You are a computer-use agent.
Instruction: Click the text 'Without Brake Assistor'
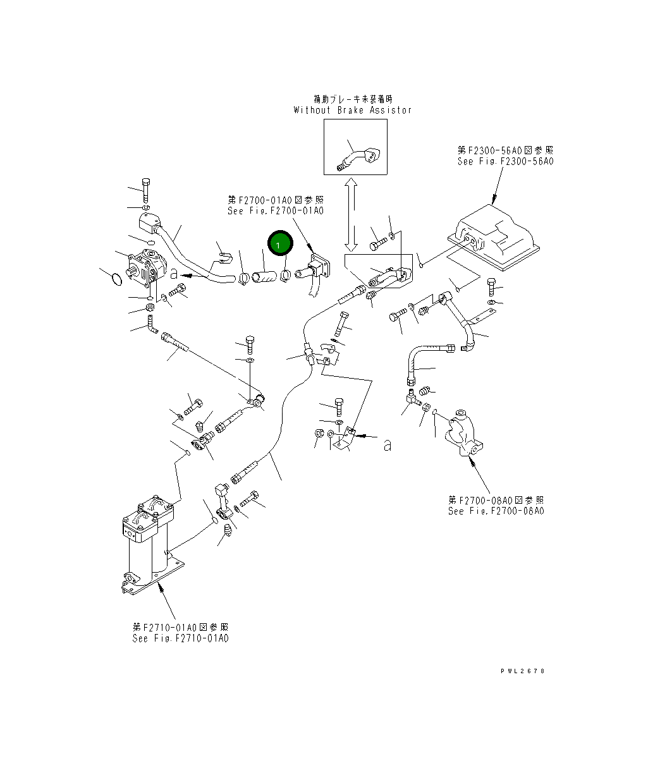tap(352, 110)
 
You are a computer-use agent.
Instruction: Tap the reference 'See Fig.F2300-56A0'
tap(505, 162)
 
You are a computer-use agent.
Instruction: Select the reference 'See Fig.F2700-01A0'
tap(276, 210)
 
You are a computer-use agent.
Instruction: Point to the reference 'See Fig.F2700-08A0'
tap(496, 511)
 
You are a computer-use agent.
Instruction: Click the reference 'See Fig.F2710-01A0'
tap(180, 638)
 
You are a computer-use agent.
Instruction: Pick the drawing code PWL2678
tap(522, 671)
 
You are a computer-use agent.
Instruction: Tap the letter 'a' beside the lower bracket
tap(388, 446)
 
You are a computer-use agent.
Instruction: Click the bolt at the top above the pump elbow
tap(146, 188)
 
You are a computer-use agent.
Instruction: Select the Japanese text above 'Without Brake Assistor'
tap(352, 99)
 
